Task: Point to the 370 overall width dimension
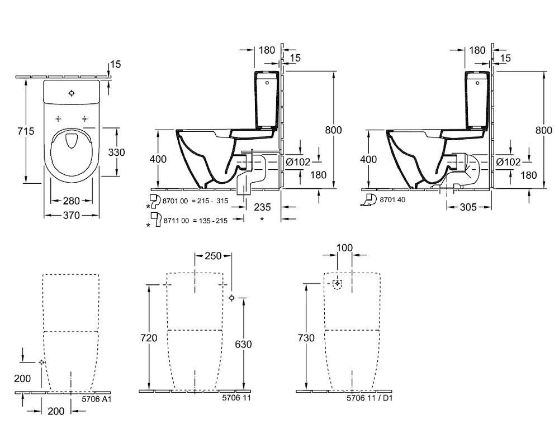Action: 70,216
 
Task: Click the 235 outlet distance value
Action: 262,207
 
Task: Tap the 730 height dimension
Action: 306,338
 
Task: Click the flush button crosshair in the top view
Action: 72,93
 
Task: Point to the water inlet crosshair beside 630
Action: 232,298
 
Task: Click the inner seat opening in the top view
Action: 72,142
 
